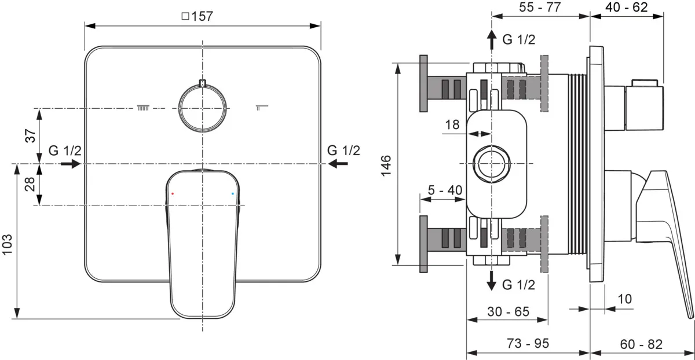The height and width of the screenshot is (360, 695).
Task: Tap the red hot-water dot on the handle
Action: [x=173, y=194]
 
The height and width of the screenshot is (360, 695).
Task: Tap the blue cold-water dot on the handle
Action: [x=233, y=194]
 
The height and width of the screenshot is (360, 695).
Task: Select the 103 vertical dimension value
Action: [x=8, y=245]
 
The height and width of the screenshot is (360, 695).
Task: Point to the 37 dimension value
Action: [x=30, y=135]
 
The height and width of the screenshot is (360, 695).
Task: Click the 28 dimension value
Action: [x=30, y=184]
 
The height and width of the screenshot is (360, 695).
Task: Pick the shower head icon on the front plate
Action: [x=144, y=107]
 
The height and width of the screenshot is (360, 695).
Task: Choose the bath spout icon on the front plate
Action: [x=262, y=107]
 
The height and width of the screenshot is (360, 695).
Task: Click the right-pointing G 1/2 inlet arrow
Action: [x=71, y=163]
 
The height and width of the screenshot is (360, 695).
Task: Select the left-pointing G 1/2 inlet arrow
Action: [x=338, y=163]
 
